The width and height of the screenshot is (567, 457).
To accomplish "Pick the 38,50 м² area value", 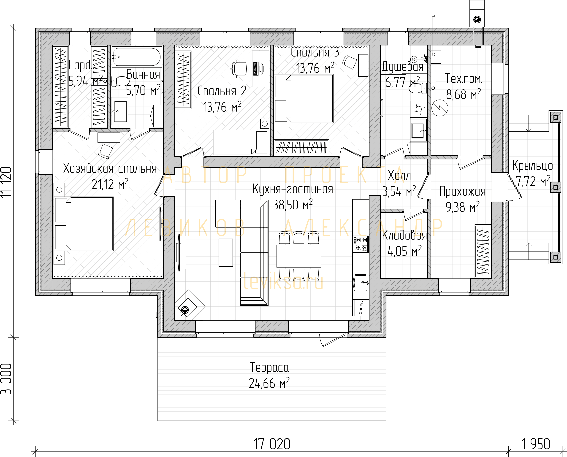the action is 293,205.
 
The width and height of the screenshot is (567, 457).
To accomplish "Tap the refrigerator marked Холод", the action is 361,308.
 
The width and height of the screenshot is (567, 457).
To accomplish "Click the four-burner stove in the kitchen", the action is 361,244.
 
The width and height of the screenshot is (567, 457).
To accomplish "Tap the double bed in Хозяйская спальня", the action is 84,224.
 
